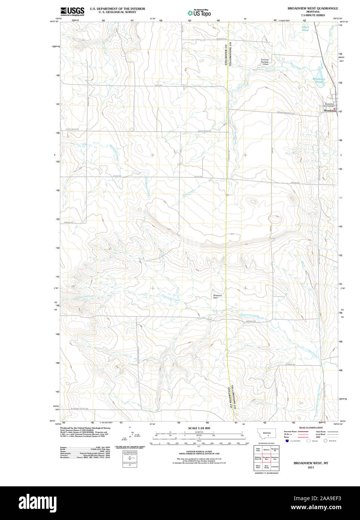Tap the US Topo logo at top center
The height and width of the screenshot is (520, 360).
[199, 13]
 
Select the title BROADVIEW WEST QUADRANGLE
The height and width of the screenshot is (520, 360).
[313, 8]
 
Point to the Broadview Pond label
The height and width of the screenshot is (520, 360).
[319, 80]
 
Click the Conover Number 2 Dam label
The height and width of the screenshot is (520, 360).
[265, 62]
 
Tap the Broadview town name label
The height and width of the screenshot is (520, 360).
[329, 111]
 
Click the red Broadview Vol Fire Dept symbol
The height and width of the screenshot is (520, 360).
[335, 109]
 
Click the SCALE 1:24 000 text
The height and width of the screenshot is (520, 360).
[199, 428]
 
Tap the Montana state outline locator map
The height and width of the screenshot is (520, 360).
[267, 434]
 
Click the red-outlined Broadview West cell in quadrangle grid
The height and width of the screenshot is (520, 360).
[267, 458]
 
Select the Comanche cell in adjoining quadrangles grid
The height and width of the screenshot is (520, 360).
[275, 467]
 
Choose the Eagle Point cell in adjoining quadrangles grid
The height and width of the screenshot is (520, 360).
[258, 449]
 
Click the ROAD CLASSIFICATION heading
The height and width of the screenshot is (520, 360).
[311, 428]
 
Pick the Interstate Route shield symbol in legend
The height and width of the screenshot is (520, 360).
[287, 441]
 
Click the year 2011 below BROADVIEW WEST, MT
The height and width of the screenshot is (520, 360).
[311, 468]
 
